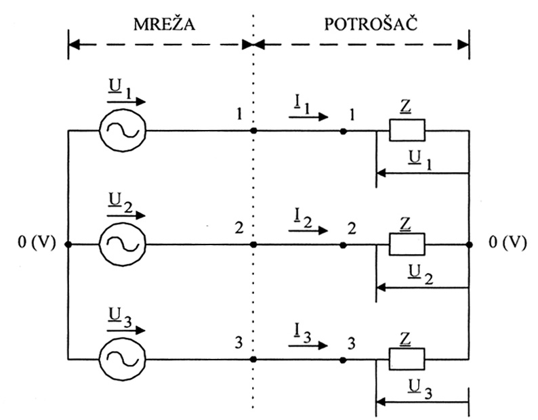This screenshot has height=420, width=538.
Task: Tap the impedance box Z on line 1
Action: pyautogui.click(x=407, y=130)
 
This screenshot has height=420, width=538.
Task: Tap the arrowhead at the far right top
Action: pyautogui.click(x=463, y=45)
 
